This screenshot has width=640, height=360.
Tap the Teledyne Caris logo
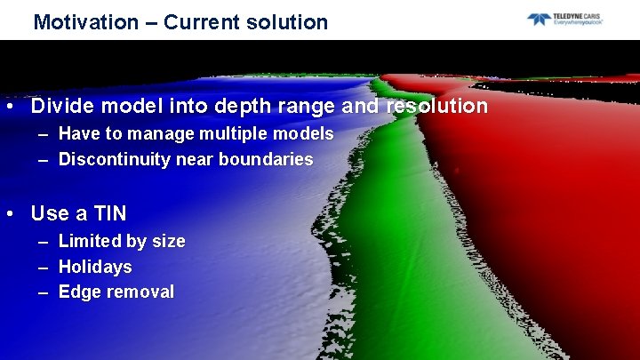tap(564, 19)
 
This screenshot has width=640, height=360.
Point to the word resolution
tap(437, 107)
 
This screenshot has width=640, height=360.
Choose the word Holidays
tap(95, 267)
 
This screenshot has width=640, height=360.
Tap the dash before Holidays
tap(44, 267)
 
